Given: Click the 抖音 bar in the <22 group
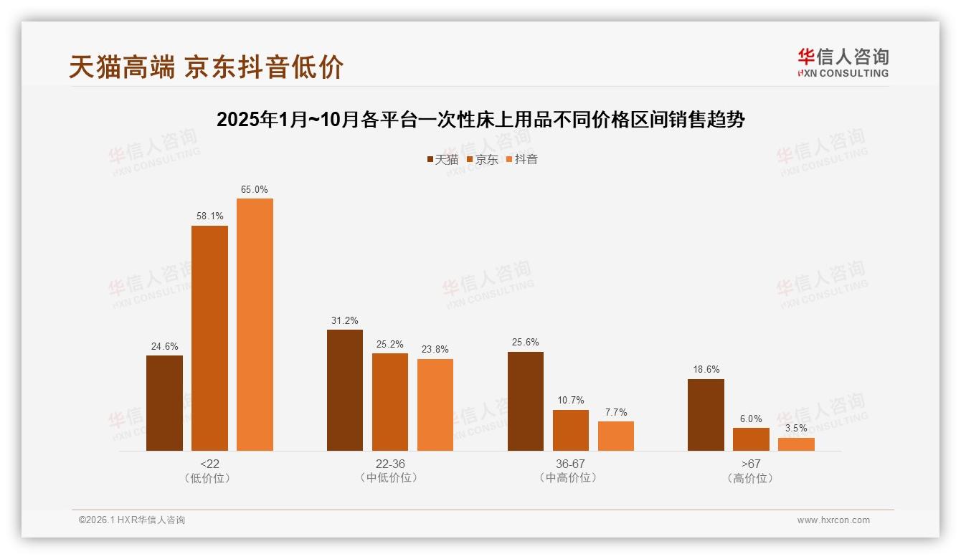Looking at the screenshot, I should (255, 325).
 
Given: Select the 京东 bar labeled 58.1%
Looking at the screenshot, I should (209, 338).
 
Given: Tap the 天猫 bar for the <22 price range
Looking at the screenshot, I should (164, 403).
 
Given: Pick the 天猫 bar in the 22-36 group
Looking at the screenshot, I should (345, 390).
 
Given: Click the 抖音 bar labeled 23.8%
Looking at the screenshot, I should (435, 404).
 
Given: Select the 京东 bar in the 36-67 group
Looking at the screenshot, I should (571, 430).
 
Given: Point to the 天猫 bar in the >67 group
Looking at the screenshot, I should (706, 414).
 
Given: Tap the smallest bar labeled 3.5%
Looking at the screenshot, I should (796, 444).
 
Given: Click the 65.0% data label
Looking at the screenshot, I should (255, 190).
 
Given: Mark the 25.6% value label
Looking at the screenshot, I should (526, 343).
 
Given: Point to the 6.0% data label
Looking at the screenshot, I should (751, 419).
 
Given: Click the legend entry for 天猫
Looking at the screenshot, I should (442, 160).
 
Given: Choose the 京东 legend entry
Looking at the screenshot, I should (482, 160).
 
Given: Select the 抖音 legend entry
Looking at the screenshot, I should (522, 160).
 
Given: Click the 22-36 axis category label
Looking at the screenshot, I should (390, 464).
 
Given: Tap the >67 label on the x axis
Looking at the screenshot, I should (751, 464).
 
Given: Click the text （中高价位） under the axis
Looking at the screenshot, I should (570, 478).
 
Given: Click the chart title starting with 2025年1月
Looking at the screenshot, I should (480, 120).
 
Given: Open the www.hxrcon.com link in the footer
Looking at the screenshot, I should (833, 520).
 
